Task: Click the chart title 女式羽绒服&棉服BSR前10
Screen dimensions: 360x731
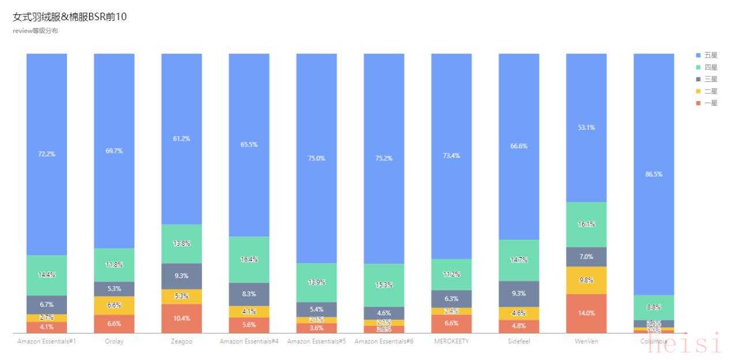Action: [x=70, y=17]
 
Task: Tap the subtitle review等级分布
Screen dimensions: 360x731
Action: [x=35, y=31]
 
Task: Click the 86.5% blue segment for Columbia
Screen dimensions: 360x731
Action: [x=654, y=174]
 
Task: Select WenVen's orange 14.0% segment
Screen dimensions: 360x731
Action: [x=586, y=313]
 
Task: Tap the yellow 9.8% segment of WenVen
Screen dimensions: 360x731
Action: [x=586, y=280]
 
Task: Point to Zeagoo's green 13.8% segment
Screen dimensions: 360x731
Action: [x=182, y=243]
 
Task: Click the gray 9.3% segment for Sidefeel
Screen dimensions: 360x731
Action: [x=519, y=294]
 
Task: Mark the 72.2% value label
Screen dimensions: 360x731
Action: [x=47, y=154]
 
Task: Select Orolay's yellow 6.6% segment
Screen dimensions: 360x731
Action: [x=114, y=305]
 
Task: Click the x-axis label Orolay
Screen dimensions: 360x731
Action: [x=114, y=342]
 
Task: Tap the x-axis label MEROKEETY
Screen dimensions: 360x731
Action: [x=451, y=342]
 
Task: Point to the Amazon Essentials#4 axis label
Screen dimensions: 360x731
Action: [x=249, y=342]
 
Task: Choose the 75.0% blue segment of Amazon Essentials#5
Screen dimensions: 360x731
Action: [x=317, y=158]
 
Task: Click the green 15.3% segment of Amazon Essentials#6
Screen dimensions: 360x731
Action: [x=384, y=285]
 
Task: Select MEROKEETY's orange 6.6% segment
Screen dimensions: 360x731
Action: [x=451, y=324]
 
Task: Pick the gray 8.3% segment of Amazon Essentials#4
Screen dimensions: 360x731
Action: [x=249, y=294]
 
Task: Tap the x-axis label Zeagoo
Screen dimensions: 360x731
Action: [x=182, y=342]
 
